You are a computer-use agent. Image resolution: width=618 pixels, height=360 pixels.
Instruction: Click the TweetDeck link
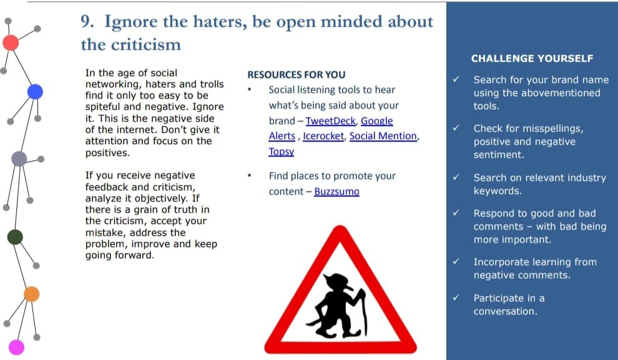[x=331, y=121]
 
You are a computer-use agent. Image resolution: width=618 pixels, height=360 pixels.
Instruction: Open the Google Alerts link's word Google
[x=377, y=121]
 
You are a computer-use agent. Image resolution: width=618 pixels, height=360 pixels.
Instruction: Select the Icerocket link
[x=323, y=136]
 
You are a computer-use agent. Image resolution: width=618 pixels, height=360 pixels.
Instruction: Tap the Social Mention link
[x=383, y=136]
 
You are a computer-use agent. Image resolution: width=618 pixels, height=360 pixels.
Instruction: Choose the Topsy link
[x=282, y=152]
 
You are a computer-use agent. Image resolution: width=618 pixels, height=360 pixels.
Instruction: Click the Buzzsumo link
[x=336, y=192]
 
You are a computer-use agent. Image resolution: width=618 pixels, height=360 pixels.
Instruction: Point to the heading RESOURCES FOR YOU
[x=297, y=75]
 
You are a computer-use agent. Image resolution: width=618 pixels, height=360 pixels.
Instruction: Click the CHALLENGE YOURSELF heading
[x=532, y=59]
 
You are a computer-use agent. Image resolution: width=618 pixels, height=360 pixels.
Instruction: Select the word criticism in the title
[x=146, y=44]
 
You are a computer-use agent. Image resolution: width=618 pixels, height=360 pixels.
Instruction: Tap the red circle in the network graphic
[x=11, y=42]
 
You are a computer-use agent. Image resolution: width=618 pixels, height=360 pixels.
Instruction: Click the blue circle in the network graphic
[x=35, y=92]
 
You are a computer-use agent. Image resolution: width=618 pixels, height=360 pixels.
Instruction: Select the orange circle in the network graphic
[x=32, y=294]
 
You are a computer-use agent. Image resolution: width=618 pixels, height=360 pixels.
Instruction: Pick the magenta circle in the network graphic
[x=17, y=348]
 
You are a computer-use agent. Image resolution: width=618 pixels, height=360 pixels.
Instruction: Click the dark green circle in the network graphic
[x=15, y=237]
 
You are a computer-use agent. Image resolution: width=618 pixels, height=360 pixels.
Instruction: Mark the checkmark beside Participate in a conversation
[x=456, y=298]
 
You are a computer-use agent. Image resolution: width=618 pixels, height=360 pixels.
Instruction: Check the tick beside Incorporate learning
[x=456, y=261]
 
